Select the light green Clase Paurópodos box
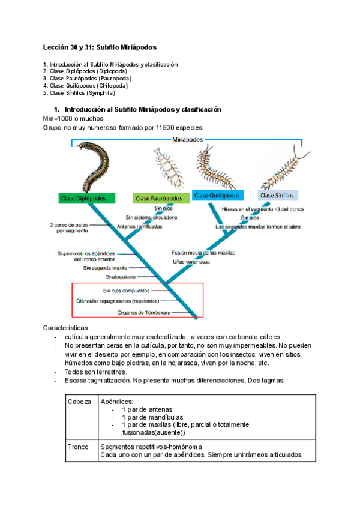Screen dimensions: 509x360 (x=159, y=197)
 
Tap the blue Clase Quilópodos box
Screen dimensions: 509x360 (x=218, y=195)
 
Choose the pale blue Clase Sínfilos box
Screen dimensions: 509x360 (x=278, y=195)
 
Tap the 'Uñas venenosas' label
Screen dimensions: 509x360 (x=190, y=262)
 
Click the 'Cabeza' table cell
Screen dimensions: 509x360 (x=79, y=402)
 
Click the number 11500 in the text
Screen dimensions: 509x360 (x=163, y=128)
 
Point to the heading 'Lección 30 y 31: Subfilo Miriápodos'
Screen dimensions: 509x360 (x=100, y=47)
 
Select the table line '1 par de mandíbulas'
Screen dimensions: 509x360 (x=152, y=417)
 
